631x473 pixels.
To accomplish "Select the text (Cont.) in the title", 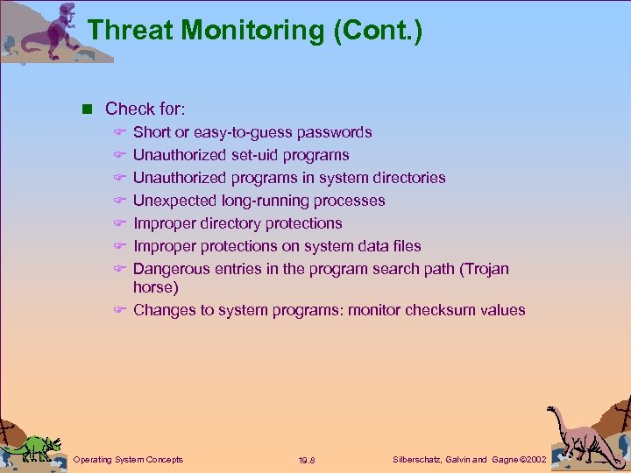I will [378, 31].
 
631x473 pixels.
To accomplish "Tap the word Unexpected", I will [174, 201].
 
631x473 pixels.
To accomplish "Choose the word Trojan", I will [484, 269].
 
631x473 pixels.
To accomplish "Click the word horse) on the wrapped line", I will [155, 287].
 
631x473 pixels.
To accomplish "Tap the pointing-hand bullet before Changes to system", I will [121, 310].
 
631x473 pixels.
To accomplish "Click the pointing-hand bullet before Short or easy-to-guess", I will [121, 132].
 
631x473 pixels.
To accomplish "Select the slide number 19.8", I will [308, 460].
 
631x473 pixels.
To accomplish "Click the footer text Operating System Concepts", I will [128, 459].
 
